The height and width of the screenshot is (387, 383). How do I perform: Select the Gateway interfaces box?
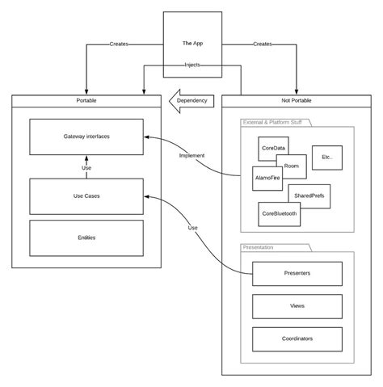tap(86, 137)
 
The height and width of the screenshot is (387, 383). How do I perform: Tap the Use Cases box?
tap(86, 196)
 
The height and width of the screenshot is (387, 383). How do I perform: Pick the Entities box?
tap(86, 238)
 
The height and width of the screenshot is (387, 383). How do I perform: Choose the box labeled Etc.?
tap(327, 157)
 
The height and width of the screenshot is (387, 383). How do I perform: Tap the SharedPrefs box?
tap(309, 196)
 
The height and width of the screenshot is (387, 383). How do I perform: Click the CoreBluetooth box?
tap(280, 214)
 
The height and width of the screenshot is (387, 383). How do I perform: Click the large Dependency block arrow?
tap(191, 100)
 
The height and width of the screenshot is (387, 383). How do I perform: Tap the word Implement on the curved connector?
tap(192, 156)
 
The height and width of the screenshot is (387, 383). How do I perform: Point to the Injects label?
tap(191, 65)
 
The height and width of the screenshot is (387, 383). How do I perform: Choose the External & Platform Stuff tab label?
tap(274, 122)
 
